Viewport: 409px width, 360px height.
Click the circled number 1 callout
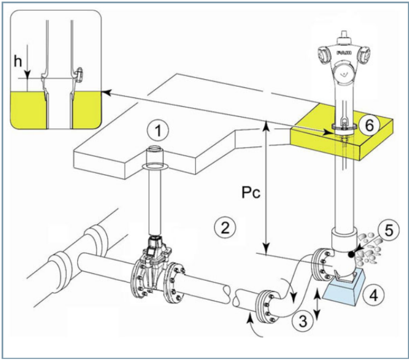coord(158,131)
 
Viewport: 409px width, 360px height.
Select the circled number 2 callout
coord(225,227)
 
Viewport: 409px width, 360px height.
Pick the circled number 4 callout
coord(374,296)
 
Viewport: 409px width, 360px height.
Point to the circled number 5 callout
coord(389,231)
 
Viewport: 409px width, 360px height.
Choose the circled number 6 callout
coord(369,126)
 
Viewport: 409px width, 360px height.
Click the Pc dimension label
coord(251,193)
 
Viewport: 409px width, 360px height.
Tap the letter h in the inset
coord(18,61)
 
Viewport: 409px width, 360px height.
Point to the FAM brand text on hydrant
coord(344,53)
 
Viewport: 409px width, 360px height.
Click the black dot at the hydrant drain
coord(352,255)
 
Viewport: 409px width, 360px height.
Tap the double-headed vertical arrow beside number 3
coord(317,304)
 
